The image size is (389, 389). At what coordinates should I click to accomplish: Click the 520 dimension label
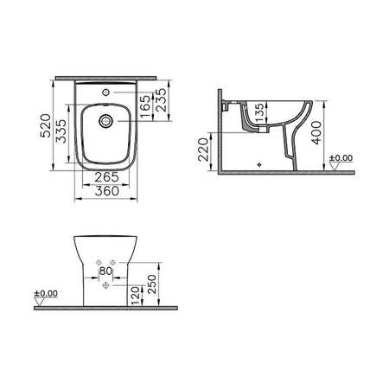pos(45,126)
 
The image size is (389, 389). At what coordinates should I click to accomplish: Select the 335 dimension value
pos(61,131)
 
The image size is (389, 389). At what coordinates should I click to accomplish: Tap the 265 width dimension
pos(106,177)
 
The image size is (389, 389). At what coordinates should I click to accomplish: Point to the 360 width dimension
pos(106,191)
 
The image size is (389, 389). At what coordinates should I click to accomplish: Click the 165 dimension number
pos(146,106)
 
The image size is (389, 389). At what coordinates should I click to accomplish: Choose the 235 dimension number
pos(162,100)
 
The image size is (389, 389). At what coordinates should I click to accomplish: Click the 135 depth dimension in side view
pos(259,112)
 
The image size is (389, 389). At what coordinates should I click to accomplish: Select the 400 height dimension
pos(317,133)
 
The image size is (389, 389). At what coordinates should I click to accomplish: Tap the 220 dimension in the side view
pos(203,150)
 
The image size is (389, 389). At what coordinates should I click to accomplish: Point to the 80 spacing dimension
pos(105,271)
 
